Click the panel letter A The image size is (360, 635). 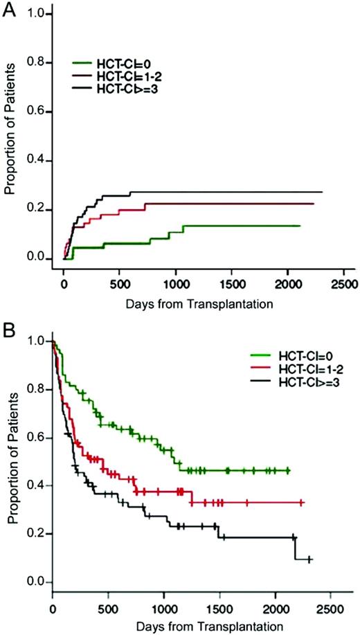(10, 12)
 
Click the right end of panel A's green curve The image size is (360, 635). (300, 226)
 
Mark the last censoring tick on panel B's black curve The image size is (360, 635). (309, 559)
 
